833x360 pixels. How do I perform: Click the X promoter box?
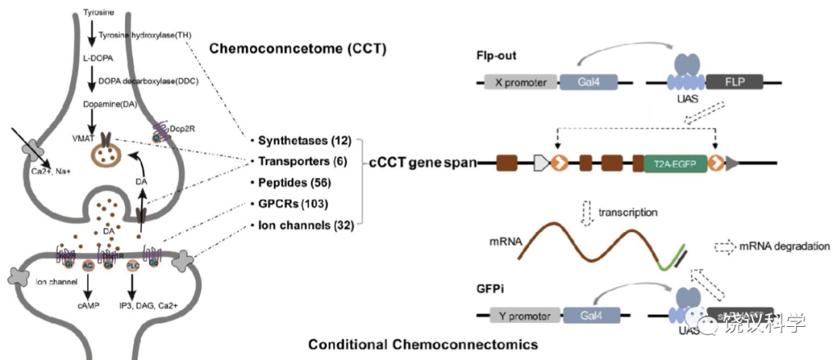(520, 83)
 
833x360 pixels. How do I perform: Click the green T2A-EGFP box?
(676, 163)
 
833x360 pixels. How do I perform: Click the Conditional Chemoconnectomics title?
(423, 345)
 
